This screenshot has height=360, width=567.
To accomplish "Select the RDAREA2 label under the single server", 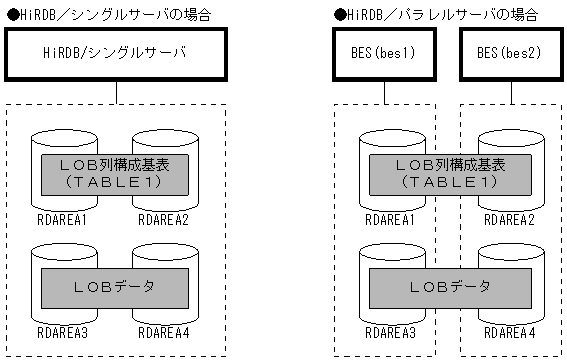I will point(164,217).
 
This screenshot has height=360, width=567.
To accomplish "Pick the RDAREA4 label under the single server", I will point(164,332).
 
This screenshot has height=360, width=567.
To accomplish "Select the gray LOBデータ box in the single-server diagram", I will point(116,288).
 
